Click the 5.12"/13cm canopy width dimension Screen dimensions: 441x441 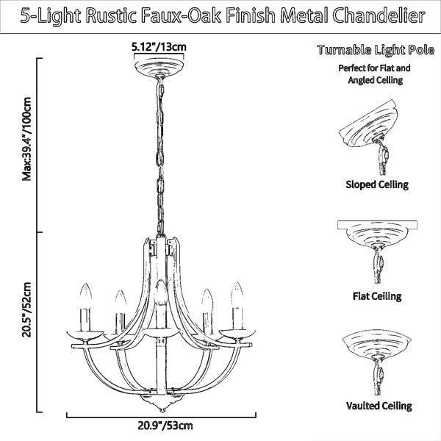point(159,47)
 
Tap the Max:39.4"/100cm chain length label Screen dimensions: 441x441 point(26,139)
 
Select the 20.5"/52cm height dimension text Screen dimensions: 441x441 point(26,309)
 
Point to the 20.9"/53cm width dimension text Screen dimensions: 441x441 point(165,426)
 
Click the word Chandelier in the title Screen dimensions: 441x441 point(379,15)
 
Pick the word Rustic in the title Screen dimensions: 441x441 point(111,15)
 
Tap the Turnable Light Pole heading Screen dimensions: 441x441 point(376,50)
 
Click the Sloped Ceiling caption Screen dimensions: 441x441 point(377,184)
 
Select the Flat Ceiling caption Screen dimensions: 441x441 point(377,296)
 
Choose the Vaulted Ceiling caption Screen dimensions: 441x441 point(379,406)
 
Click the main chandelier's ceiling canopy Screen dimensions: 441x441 point(159,68)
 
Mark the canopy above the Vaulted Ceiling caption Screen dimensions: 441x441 point(377,346)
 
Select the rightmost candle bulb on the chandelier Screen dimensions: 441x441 point(237,294)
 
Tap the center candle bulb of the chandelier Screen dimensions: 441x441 point(161,293)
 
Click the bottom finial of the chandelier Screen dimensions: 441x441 point(162,403)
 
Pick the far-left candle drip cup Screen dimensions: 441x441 point(85,336)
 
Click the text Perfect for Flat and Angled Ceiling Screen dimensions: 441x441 point(375,74)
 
